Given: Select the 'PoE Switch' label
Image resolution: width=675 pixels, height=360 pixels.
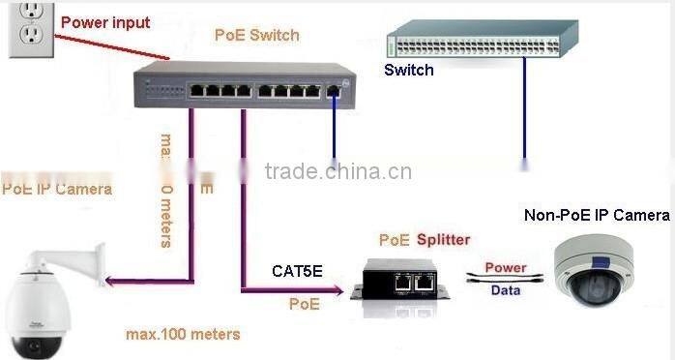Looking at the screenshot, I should coord(256,36).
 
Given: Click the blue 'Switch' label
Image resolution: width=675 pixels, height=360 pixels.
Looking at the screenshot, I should coord(408,70).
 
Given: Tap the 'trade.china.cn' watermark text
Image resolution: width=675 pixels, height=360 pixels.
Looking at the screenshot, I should coord(338,172).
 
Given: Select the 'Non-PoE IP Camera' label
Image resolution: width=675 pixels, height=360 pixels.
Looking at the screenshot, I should coord(596,215).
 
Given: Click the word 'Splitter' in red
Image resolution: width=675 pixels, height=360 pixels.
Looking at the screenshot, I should coord(444,239).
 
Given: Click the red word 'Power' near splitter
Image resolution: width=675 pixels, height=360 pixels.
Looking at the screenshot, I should coord(505,266).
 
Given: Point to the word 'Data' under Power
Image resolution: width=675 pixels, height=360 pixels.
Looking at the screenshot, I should coord(505,287).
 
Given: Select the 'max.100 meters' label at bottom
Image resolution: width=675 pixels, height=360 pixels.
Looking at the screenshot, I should coord(183,334).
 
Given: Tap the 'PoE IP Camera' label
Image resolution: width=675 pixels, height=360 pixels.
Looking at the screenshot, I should coord(56,189).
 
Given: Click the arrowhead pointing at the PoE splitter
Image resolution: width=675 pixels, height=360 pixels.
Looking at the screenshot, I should coord(339,289).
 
